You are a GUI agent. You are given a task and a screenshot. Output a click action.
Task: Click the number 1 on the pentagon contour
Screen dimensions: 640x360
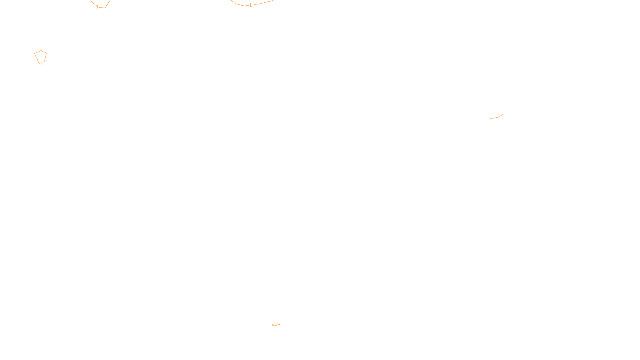(42, 64)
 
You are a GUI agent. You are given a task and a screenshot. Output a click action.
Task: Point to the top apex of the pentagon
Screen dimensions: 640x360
(41, 51)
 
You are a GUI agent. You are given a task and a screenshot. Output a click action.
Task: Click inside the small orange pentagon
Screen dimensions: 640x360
(40, 57)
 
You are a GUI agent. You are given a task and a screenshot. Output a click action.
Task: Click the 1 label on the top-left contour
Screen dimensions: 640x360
(97, 7)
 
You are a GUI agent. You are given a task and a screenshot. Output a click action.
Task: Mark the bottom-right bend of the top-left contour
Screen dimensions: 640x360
(105, 8)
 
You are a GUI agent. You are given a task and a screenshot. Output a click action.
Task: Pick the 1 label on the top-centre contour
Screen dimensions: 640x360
(250, 5)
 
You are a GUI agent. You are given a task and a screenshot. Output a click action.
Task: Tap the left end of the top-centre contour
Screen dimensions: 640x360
(231, 0)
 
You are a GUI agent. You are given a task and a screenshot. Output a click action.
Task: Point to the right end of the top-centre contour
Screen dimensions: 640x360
(274, 0)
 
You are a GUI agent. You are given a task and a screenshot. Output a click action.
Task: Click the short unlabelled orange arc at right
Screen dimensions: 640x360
(497, 117)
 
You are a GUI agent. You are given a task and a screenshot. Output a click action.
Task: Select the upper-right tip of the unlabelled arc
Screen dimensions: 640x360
(503, 114)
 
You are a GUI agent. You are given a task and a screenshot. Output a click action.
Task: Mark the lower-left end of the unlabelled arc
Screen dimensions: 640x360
(491, 118)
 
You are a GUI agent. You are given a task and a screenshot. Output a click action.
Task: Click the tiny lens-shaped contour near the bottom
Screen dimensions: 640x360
(276, 324)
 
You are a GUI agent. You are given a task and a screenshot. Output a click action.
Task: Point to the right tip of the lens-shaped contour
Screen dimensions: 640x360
(280, 324)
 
